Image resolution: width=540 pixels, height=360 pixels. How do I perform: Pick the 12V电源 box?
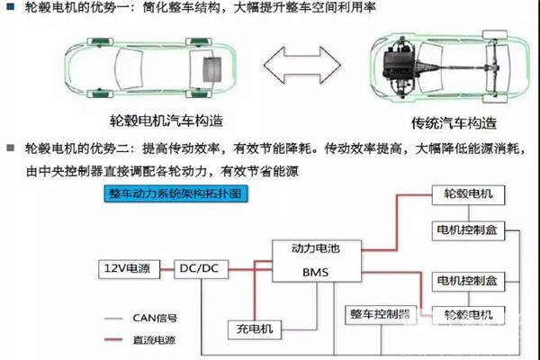click(x=130, y=267)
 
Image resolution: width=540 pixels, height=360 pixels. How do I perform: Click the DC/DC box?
click(x=198, y=267)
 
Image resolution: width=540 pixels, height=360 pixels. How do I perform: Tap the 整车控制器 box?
click(x=378, y=315)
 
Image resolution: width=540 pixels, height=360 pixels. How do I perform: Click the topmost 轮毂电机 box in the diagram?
click(x=468, y=193)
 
